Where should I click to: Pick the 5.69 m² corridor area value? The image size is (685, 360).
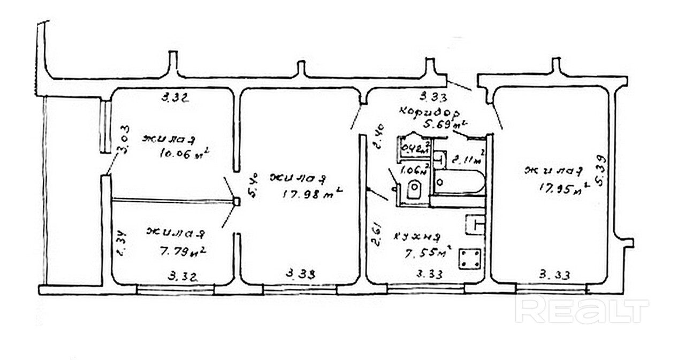click(443, 125)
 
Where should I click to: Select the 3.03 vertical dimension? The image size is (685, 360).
click(124, 139)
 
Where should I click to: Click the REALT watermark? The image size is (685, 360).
click(581, 310)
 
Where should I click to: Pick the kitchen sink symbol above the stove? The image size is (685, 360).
click(475, 224)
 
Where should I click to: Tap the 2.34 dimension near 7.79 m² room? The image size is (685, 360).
click(121, 244)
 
